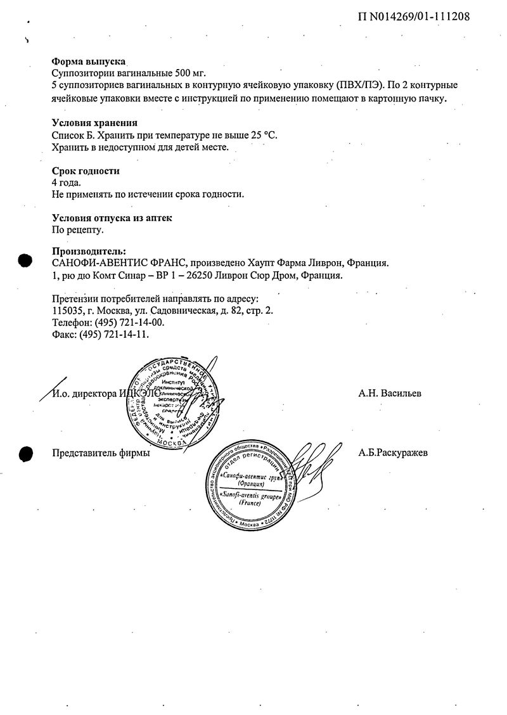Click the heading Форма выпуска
click(88, 62)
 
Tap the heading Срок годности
click(85, 171)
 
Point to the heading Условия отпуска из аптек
click(112, 219)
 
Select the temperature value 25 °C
click(262, 135)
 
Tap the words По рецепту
click(77, 230)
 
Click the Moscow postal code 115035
click(66, 311)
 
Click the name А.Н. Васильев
click(390, 394)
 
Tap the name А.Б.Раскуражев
click(394, 453)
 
